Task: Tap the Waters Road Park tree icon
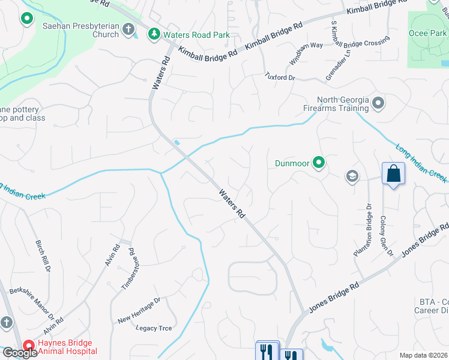(x=154, y=34)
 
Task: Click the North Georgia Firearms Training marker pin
(x=378, y=103)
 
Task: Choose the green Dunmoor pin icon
(x=319, y=162)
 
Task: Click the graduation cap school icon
(x=352, y=176)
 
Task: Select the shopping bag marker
(x=393, y=174)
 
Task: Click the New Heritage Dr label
(x=139, y=310)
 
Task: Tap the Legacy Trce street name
(x=154, y=328)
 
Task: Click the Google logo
(x=19, y=353)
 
